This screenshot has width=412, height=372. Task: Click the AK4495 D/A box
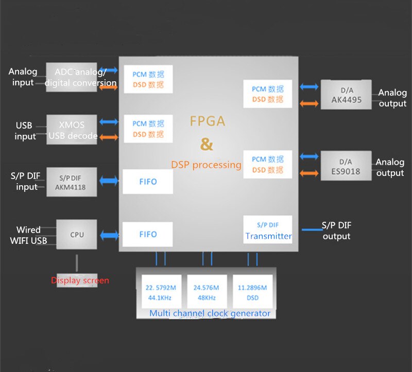[x=346, y=94]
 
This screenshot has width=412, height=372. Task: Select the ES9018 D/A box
[x=346, y=165]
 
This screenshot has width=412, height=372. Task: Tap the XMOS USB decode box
[x=72, y=130]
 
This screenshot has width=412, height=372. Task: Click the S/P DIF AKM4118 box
[x=72, y=182]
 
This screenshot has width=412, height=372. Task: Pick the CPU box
[x=77, y=235]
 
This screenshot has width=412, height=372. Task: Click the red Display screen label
[x=80, y=280]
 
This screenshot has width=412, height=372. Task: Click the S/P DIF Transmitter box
[x=268, y=231]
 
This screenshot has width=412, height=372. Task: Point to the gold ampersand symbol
[x=207, y=145]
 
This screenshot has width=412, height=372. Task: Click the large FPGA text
[x=207, y=121]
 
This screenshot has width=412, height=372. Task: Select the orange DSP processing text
[x=206, y=165]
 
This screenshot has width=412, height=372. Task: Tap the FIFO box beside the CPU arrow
[x=148, y=234]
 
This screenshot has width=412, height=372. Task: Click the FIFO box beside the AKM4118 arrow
[x=148, y=182]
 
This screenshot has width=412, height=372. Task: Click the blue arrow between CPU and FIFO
[x=109, y=235]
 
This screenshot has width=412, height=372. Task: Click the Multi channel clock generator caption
[x=210, y=313]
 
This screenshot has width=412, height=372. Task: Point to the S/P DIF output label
[x=336, y=231]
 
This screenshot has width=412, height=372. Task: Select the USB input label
[x=24, y=131]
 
